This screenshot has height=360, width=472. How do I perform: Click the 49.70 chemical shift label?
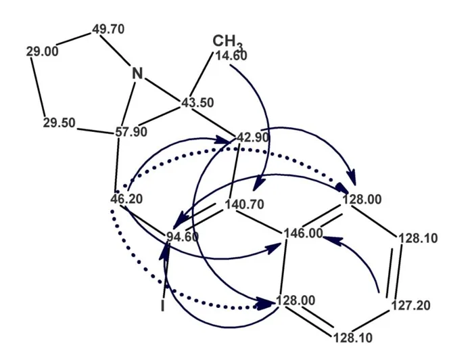[x=108, y=29]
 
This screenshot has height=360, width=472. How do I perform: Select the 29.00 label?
[x=42, y=52]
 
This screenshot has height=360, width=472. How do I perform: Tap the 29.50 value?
[x=60, y=123]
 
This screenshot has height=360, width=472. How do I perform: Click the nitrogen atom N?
[x=137, y=73]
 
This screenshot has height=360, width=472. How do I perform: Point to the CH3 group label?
[x=227, y=41]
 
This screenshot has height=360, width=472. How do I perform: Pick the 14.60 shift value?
[x=231, y=55]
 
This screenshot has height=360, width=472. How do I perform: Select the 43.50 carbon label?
[x=197, y=103]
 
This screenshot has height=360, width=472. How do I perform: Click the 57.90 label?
[x=131, y=132]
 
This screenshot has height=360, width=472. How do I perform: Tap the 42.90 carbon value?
[x=253, y=137]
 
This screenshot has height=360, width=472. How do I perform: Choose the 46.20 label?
[x=126, y=199]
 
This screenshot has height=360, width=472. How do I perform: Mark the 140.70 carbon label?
[x=244, y=204]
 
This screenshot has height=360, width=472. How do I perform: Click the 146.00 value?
[x=303, y=233]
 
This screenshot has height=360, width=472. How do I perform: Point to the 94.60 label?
[x=183, y=237]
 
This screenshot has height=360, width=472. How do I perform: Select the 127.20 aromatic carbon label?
[x=410, y=305]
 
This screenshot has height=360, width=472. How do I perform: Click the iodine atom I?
[x=163, y=306]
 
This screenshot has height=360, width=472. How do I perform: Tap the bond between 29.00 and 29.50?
[x=38, y=87]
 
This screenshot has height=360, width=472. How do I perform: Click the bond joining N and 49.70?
[x=115, y=50]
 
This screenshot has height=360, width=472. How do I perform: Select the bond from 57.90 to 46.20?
[x=117, y=164]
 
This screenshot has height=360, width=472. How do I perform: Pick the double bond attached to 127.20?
[x=394, y=271]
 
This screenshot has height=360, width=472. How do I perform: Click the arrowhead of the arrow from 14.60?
[x=258, y=184]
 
